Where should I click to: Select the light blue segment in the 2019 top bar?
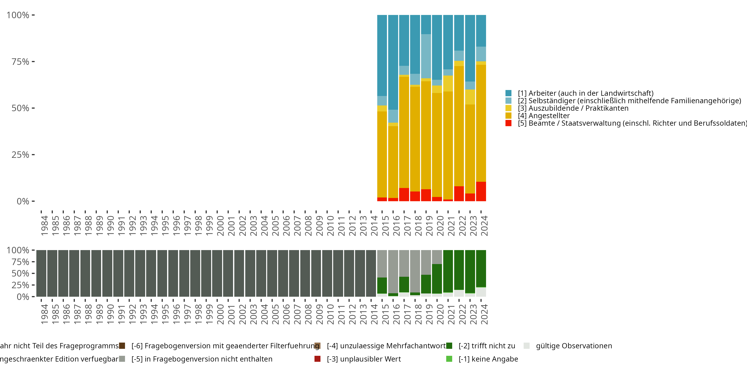pyautogui.click(x=426, y=56)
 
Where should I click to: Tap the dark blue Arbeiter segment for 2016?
pyautogui.click(x=393, y=62)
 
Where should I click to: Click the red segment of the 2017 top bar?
pyautogui.click(x=404, y=194)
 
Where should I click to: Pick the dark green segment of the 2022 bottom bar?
pyautogui.click(x=459, y=270)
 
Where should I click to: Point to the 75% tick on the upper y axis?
pyautogui.click(x=33, y=62)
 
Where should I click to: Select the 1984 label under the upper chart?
pyautogui.click(x=44, y=226)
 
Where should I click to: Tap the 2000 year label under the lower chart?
pyautogui.click(x=220, y=314)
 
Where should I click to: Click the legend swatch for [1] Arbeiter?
pyautogui.click(x=508, y=93)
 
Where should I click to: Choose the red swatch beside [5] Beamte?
pyautogui.click(x=508, y=123)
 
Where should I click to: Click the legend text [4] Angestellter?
pyautogui.click(x=544, y=116)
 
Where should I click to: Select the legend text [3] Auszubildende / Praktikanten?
pyautogui.click(x=573, y=108)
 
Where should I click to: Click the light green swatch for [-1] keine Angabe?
pyautogui.click(x=449, y=359)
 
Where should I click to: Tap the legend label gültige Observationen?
pyautogui.click(x=574, y=346)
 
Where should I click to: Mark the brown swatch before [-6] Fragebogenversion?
pyautogui.click(x=122, y=346)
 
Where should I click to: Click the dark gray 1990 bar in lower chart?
pyautogui.click(x=107, y=273)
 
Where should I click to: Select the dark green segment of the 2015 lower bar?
pyautogui.click(x=382, y=285)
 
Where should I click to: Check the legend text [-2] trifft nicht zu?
pyautogui.click(x=487, y=346)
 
